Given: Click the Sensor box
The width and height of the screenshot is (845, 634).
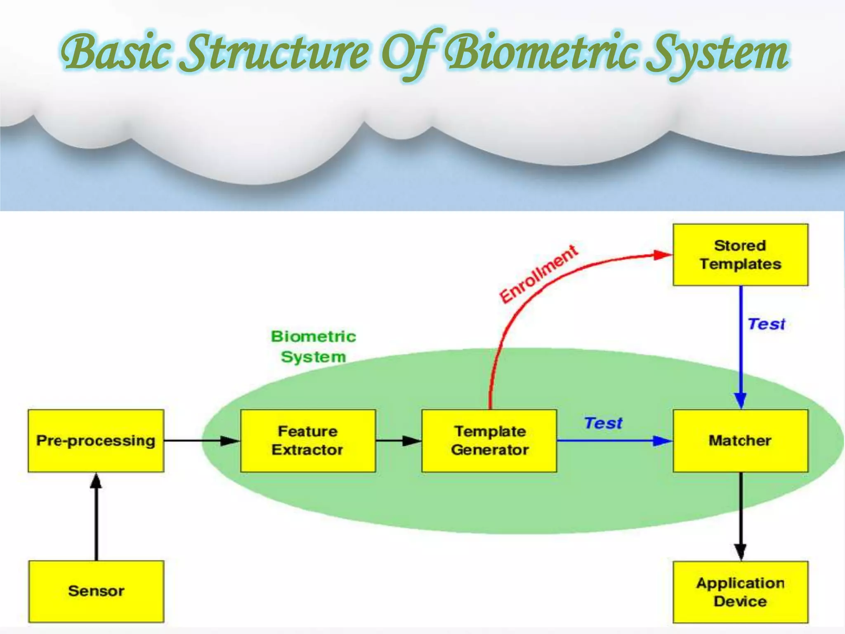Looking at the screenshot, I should [x=96, y=591].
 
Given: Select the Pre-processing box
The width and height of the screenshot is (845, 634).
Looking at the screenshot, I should [x=96, y=440].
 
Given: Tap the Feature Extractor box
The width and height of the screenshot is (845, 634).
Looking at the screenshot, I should [x=308, y=440].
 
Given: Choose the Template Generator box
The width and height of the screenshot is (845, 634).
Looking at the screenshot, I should [x=489, y=440].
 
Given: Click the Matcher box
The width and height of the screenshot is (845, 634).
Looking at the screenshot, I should [x=740, y=440].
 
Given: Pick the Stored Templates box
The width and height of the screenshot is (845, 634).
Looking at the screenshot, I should [x=740, y=255].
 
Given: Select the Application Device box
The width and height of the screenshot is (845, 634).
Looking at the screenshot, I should [x=740, y=592].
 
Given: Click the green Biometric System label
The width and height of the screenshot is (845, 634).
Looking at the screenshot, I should [x=314, y=347].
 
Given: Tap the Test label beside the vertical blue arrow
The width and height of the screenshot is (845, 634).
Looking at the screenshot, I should [x=767, y=324].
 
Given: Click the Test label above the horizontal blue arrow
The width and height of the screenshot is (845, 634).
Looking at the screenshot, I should [x=603, y=423].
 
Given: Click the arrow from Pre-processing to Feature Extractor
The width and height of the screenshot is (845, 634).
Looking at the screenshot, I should [x=202, y=441].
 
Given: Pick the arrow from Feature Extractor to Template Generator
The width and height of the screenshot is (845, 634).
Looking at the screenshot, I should [x=398, y=441].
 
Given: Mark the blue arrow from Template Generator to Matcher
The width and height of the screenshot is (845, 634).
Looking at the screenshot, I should [x=615, y=441].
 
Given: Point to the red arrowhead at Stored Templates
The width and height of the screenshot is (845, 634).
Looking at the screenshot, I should [x=663, y=255].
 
